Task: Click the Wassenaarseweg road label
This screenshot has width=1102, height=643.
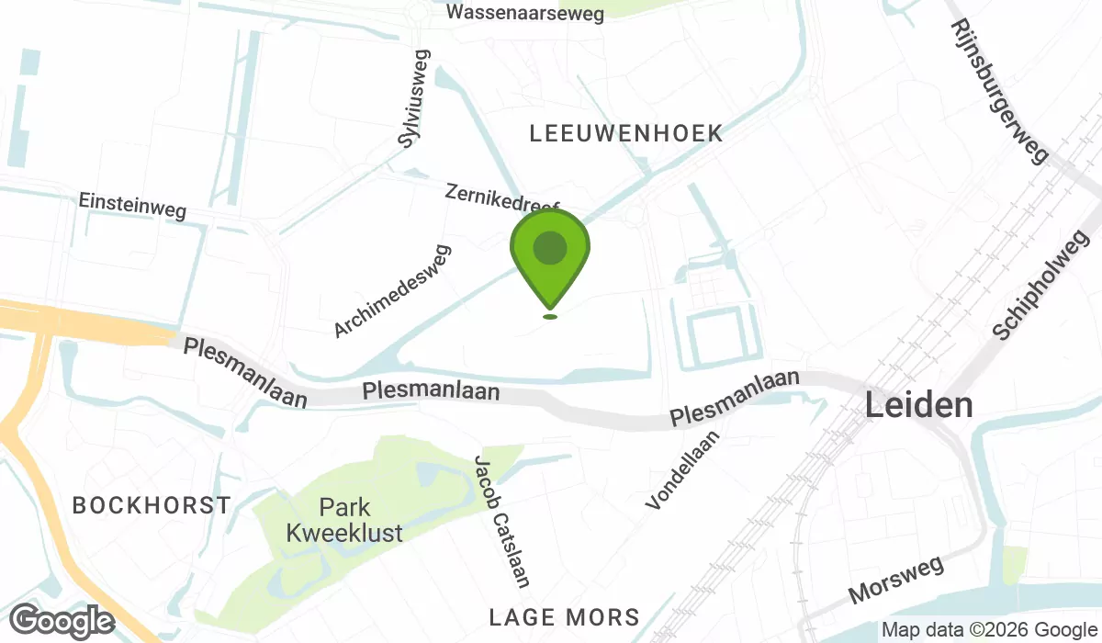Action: [525, 13]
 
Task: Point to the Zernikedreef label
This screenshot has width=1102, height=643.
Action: [501, 197]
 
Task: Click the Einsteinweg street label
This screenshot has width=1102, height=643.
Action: [132, 205]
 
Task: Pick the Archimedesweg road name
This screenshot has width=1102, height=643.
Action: [393, 290]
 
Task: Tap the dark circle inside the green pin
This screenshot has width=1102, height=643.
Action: [550, 248]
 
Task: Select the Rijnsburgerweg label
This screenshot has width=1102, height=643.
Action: [999, 91]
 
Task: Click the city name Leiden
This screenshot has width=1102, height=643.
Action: [919, 404]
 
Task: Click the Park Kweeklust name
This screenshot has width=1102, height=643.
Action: [344, 519]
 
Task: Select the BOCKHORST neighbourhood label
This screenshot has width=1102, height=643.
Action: [152, 505]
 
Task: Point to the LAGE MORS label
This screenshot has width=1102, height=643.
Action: [565, 616]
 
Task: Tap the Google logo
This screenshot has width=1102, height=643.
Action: [62, 622]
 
